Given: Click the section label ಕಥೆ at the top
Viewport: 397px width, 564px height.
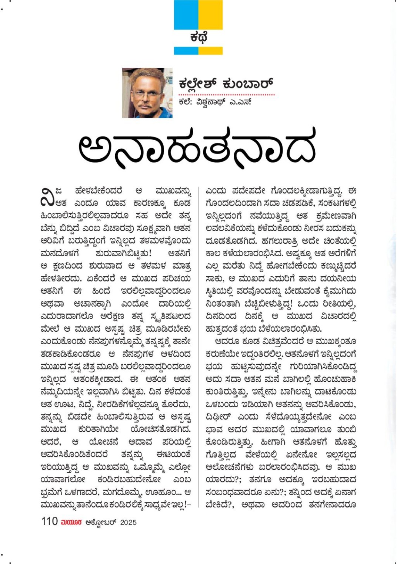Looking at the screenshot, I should (x=198, y=37).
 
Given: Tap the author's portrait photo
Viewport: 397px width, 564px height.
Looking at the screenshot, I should (x=147, y=93).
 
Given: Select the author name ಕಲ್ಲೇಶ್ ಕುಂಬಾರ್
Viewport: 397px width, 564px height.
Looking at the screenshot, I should (x=226, y=84).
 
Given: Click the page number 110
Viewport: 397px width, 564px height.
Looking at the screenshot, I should (x=49, y=521).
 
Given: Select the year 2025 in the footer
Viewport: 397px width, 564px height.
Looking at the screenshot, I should (x=128, y=522).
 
